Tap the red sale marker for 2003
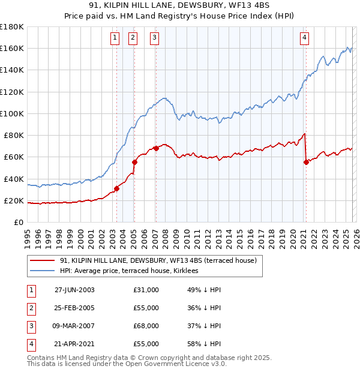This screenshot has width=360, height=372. pyautogui.click(x=116, y=188)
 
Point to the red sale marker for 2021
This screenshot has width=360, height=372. pyautogui.click(x=306, y=162)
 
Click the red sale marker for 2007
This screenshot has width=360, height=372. pyautogui.click(x=156, y=148)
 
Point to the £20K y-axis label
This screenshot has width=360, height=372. pyautogui.click(x=14, y=201)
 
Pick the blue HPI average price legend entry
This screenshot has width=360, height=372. pyautogui.click(x=133, y=271)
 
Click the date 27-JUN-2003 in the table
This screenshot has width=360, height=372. pyautogui.click(x=74, y=290)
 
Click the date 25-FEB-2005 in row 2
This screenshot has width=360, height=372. pyautogui.click(x=74, y=308)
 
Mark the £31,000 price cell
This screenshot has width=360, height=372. pyautogui.click(x=146, y=290)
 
